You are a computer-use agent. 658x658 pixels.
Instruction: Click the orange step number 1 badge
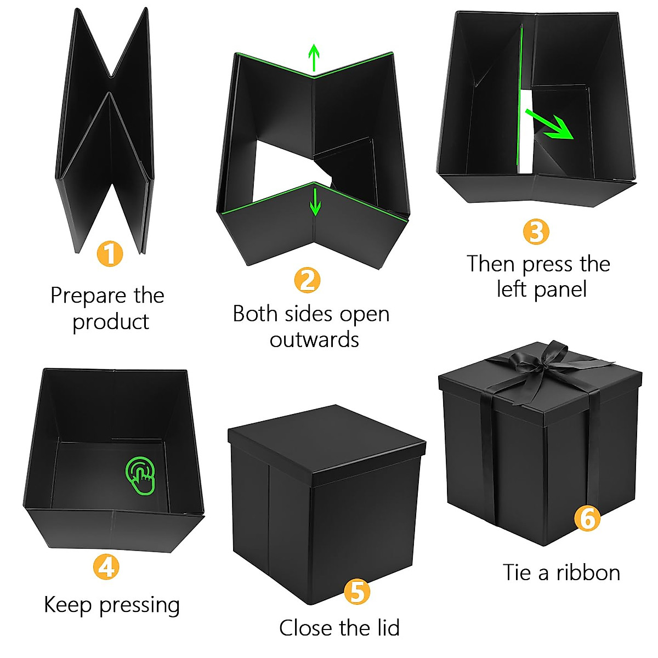point(110,254)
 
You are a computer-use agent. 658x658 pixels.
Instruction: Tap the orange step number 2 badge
point(307,280)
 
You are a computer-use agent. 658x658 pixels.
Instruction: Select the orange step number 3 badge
point(536,231)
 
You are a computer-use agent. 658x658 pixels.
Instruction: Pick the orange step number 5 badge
point(357,592)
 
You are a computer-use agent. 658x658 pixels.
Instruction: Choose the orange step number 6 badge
point(587,518)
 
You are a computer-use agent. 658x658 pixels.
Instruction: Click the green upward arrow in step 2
point(314,58)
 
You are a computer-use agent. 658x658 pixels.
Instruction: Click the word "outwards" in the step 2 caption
point(314,340)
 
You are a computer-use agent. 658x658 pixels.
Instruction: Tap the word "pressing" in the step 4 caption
point(140,605)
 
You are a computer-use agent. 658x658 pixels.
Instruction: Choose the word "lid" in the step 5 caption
point(384,628)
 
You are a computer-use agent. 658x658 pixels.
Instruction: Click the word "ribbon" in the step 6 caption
point(588,573)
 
